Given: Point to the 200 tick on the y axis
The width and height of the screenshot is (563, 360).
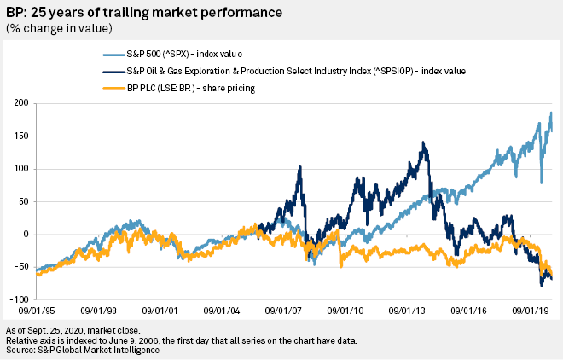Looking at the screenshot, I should coord(19,103).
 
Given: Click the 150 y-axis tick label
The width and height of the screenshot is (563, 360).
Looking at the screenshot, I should coord(19,136).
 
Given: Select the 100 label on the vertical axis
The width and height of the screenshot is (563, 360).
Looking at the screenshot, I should coord(19,169).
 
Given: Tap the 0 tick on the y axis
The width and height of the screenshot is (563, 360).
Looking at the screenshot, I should coord(25,235).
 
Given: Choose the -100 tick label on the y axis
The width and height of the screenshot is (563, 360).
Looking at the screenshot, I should coord(17,299).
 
